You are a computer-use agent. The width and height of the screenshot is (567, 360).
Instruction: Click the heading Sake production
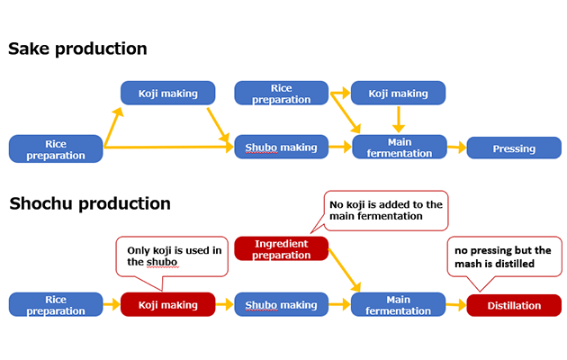coord(77,49)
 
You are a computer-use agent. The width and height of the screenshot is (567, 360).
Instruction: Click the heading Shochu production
coord(90,203)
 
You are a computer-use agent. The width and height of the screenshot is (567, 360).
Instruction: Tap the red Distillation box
coord(514,305)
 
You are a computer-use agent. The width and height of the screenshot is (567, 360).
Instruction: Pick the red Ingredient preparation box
coord(281,249)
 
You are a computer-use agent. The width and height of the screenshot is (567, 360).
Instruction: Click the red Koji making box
coord(167,305)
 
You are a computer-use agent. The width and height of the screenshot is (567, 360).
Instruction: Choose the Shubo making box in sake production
coord(281,148)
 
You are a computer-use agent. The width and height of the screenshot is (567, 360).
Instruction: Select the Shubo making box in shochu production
coord(281,305)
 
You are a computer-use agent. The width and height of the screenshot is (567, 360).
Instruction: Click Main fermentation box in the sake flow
coord(399,148)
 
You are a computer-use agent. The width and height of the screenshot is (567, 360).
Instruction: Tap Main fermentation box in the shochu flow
coord(399,305)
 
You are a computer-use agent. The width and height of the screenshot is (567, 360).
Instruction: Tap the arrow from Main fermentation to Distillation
coord(456,305)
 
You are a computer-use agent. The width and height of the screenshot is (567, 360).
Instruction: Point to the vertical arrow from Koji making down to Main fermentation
coord(398,119)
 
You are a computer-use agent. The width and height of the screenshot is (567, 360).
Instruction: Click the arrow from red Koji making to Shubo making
coord(224,305)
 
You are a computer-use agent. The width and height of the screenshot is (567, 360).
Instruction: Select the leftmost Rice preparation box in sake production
coord(56,148)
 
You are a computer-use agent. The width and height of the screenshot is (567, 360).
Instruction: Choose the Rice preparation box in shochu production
coord(56,305)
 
